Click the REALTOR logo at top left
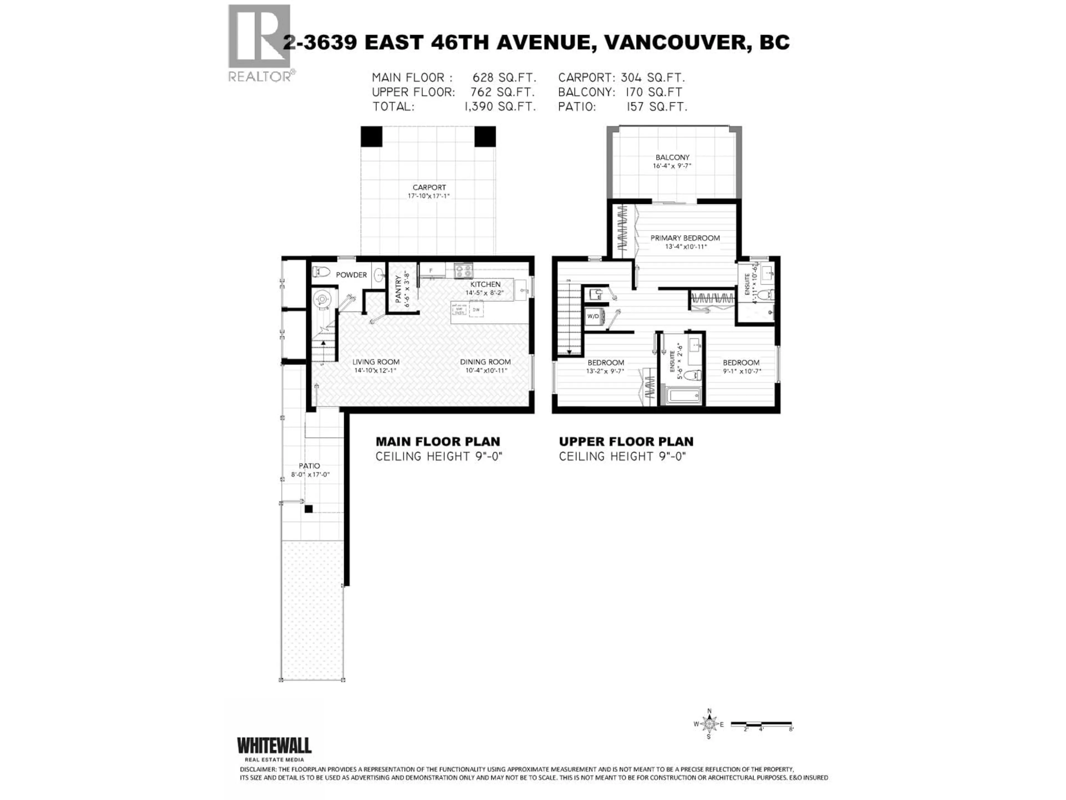point(259,42)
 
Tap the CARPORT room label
point(429,187)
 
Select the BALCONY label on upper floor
point(672,157)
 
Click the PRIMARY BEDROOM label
point(685,238)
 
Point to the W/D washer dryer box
point(593,316)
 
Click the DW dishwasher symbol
point(476,310)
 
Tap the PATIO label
point(309,466)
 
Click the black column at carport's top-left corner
point(371,136)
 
